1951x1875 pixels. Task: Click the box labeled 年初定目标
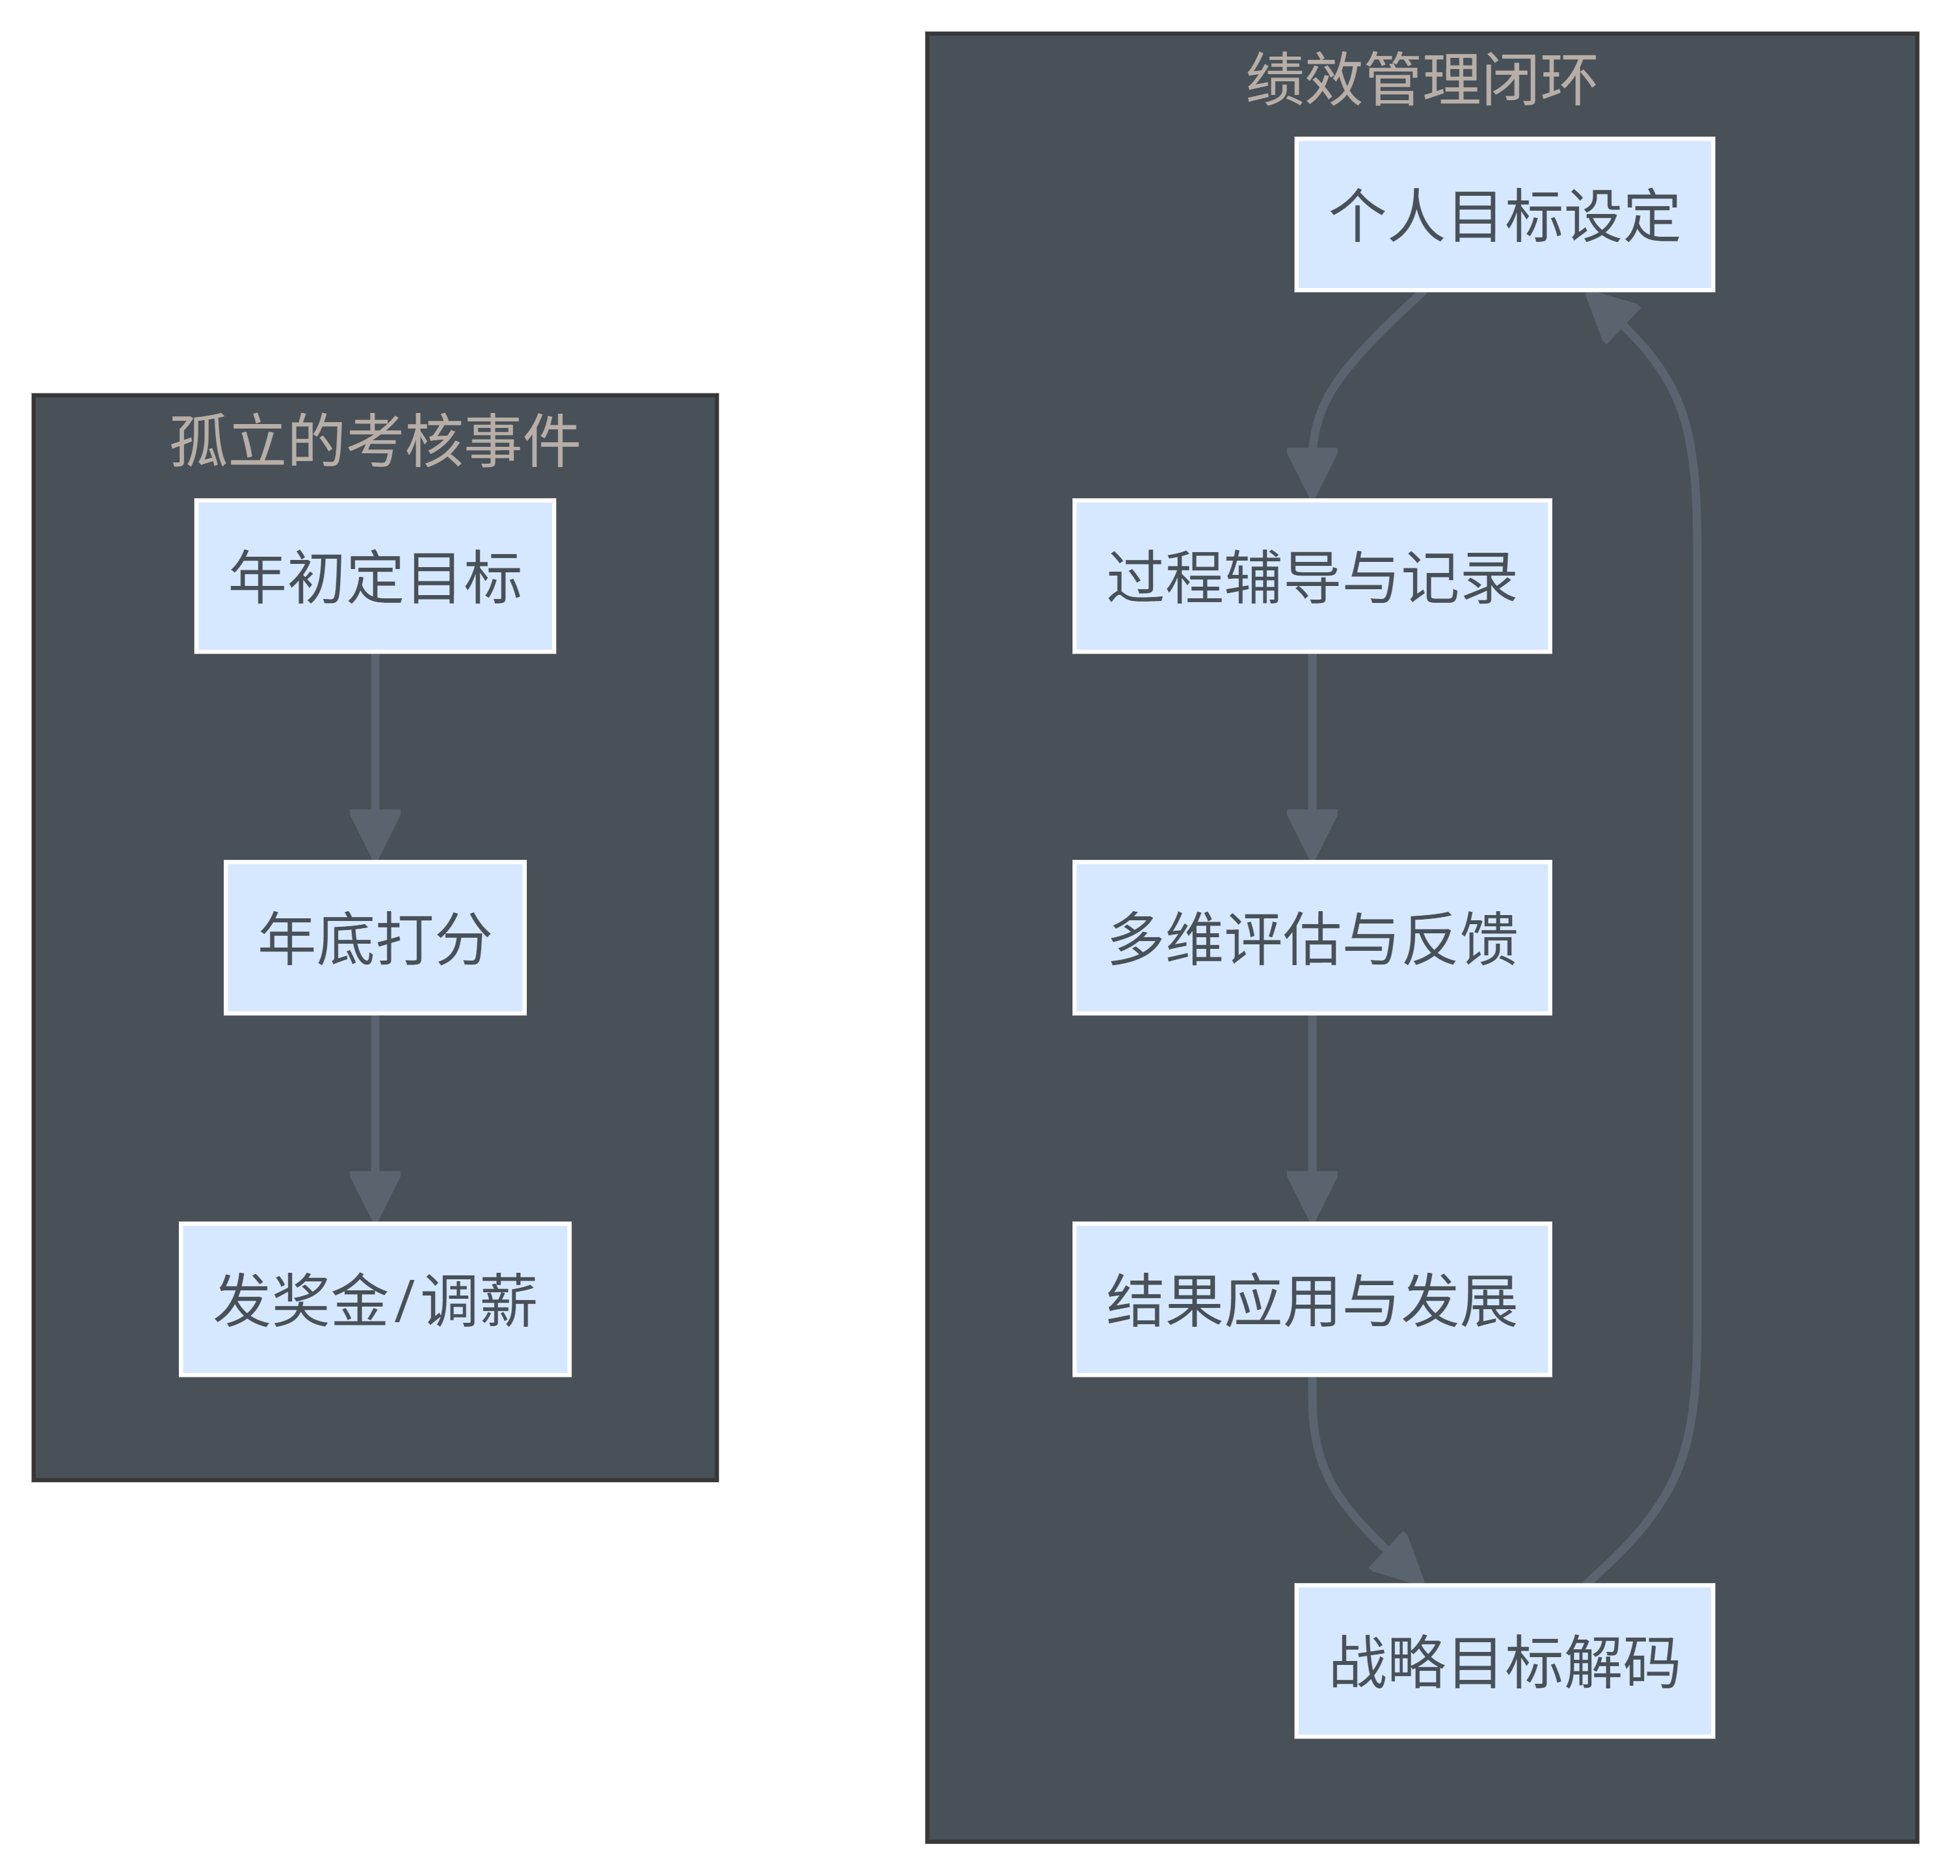(x=375, y=576)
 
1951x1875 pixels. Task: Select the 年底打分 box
(x=375, y=938)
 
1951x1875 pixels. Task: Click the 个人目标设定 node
(x=1504, y=215)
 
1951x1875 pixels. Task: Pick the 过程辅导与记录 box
(x=1312, y=576)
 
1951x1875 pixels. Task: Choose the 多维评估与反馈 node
(x=1312, y=938)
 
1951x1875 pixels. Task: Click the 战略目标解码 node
(x=1504, y=1661)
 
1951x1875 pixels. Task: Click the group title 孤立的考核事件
(x=375, y=441)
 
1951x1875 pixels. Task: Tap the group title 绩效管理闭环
(x=1422, y=79)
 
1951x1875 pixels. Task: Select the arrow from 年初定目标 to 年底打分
(x=375, y=736)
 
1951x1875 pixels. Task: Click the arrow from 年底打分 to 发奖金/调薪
(x=375, y=1095)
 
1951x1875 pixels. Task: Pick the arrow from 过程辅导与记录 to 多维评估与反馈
(x=1312, y=736)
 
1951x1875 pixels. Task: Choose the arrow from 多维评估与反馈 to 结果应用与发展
(x=1312, y=1095)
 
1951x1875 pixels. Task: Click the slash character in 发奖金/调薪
(x=403, y=1301)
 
